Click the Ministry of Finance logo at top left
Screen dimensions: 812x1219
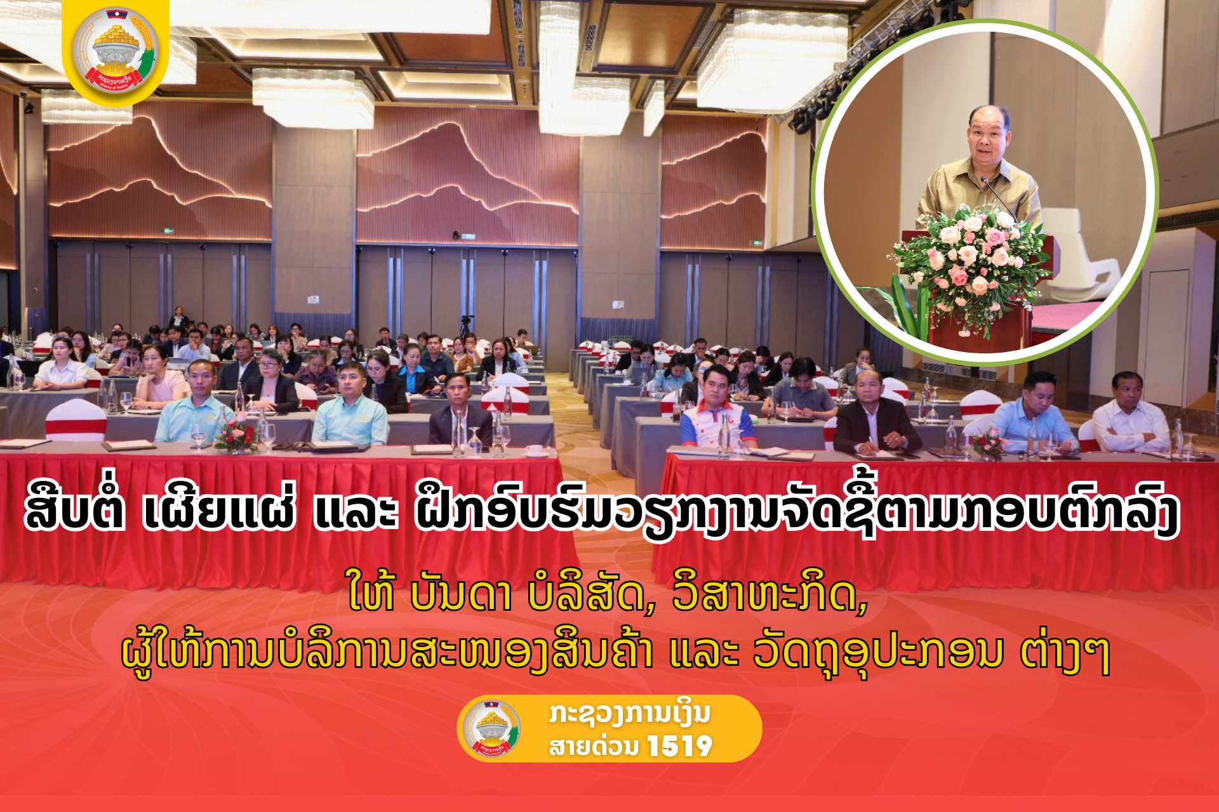116,51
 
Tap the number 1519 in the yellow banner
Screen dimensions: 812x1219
679,746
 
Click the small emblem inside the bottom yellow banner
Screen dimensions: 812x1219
491,729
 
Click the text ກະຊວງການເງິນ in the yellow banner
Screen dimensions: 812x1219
629,714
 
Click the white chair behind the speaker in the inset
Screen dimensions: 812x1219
1079,254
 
